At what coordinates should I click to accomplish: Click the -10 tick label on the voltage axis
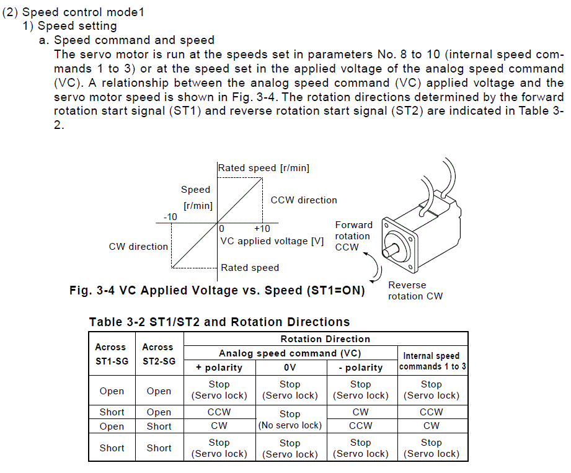[170, 217]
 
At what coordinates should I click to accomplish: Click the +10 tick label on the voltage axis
[262, 229]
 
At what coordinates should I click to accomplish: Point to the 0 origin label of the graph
[221, 229]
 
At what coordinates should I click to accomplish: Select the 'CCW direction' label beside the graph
[304, 200]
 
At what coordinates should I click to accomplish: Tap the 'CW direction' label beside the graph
[138, 247]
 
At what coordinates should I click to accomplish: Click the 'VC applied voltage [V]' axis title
[272, 241]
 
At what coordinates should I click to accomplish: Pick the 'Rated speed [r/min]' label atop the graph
[263, 168]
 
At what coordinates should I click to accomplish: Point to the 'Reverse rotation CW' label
[415, 291]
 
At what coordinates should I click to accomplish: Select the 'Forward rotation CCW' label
[353, 236]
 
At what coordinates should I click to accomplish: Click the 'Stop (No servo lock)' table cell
[290, 420]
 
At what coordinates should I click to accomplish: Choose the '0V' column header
[290, 368]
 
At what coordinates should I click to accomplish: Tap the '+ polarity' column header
[219, 368]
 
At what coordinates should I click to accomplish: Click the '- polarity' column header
[360, 368]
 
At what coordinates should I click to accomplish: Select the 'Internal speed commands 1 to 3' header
[432, 361]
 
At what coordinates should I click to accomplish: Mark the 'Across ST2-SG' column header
[159, 354]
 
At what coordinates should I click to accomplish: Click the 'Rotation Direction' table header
[325, 339]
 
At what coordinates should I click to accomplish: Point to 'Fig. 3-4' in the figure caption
[92, 291]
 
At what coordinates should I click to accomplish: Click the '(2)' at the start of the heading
[10, 12]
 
